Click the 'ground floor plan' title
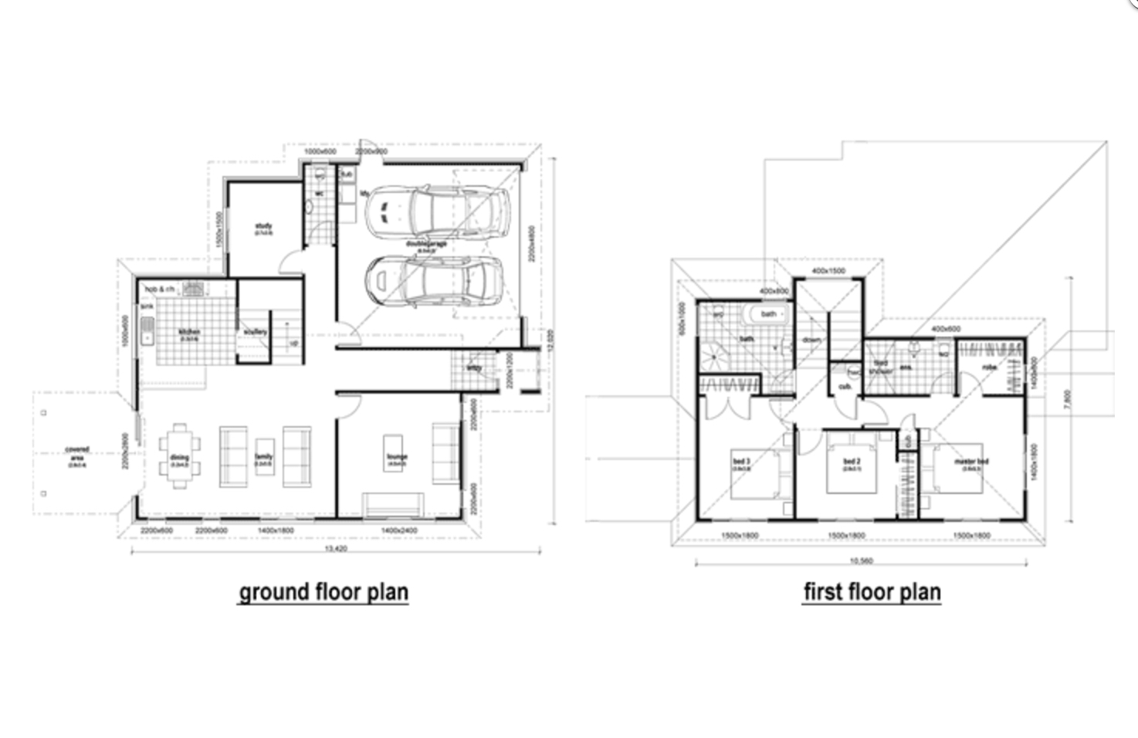323,592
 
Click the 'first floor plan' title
872,592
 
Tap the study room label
263,227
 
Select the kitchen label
190,333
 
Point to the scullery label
255,332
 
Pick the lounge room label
397,458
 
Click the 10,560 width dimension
861,561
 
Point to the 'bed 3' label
741,462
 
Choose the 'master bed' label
970,462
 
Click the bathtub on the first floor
764,314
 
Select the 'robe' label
990,367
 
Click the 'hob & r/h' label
160,289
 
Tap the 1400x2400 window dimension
399,531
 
